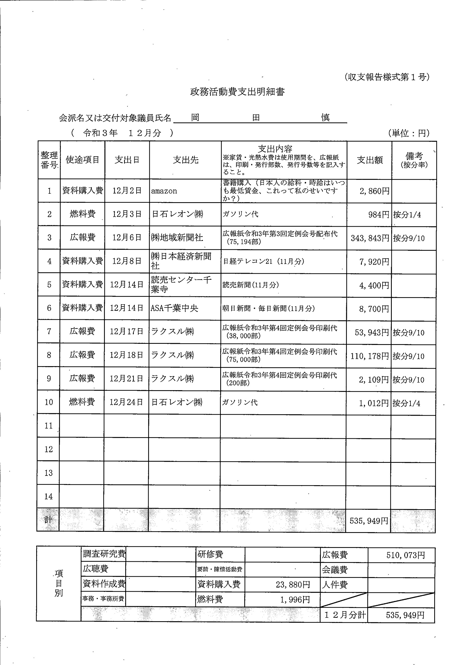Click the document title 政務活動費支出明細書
point(237,92)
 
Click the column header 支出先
point(185,160)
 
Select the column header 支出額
point(369,160)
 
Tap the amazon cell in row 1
point(164,191)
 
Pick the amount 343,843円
point(370,238)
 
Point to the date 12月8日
point(127,261)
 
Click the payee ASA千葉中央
point(174,308)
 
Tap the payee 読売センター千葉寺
point(181,284)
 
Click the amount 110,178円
point(369,356)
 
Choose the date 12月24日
point(126,402)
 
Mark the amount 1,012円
point(373,403)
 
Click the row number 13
point(48,473)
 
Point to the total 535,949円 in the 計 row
point(369,521)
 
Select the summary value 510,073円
point(405,555)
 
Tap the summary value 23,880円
point(293,584)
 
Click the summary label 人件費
point(334,585)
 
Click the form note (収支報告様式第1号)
point(387,77)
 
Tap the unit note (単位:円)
point(408,133)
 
